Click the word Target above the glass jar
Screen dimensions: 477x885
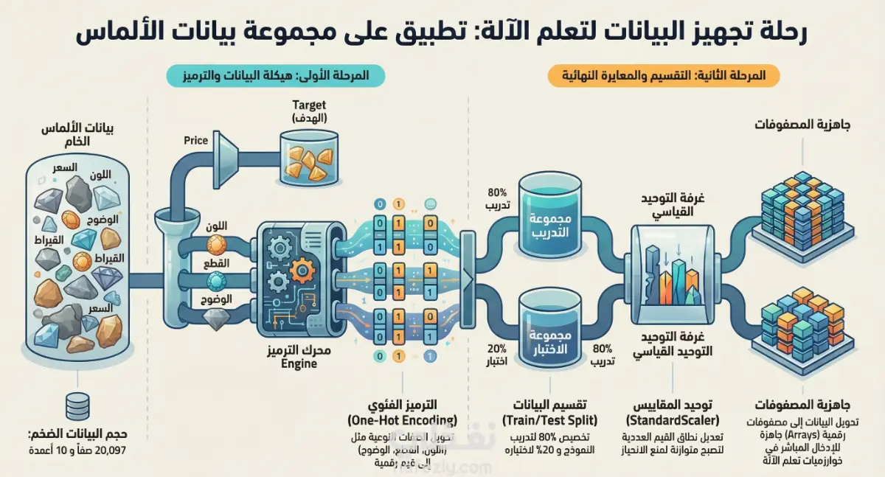pos(308,105)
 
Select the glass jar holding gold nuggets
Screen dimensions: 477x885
pos(309,158)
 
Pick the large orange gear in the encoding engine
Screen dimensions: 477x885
pos(302,272)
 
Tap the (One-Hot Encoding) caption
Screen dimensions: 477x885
pos(401,419)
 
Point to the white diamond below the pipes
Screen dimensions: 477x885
pos(217,318)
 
